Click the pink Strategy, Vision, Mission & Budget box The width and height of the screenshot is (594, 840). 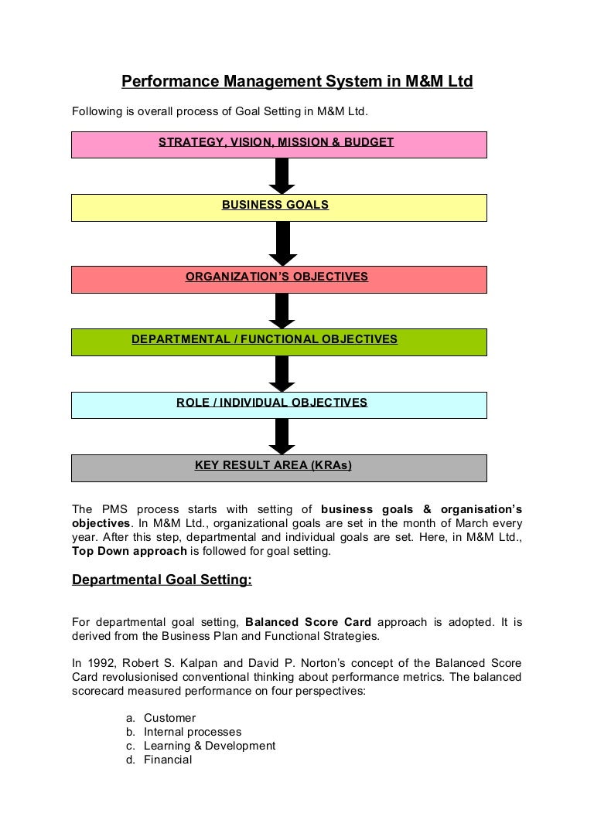pyautogui.click(x=279, y=144)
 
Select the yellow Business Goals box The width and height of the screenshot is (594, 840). pyautogui.click(x=279, y=207)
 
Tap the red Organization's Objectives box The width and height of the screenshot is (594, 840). pyautogui.click(x=279, y=279)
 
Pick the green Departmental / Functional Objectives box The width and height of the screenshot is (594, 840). pyautogui.click(x=279, y=342)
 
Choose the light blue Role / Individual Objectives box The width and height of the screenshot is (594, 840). pyautogui.click(x=279, y=405)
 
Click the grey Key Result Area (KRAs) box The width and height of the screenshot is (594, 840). pyautogui.click(x=279, y=468)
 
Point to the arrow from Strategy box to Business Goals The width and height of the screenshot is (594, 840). pyautogui.click(x=282, y=176)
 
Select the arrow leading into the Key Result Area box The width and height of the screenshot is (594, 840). pyautogui.click(x=282, y=437)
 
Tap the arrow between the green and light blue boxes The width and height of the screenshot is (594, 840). pyautogui.click(x=282, y=374)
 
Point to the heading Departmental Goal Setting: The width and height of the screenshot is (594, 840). pyautogui.click(x=162, y=580)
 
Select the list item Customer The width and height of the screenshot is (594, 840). pyautogui.click(x=169, y=718)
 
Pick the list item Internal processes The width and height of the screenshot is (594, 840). pyautogui.click(x=193, y=732)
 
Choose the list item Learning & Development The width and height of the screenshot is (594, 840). pyautogui.click(x=210, y=746)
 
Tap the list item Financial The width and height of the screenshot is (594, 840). pyautogui.click(x=168, y=760)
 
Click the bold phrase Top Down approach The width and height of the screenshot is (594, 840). pyautogui.click(x=129, y=551)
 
